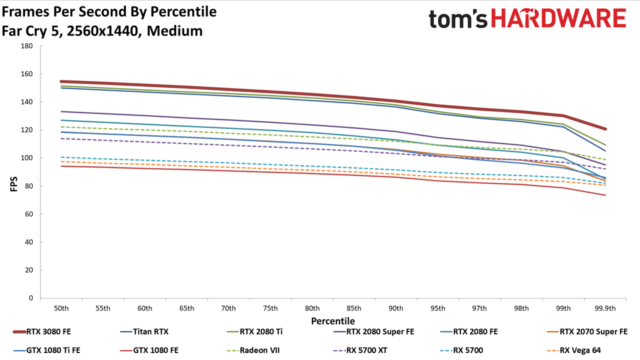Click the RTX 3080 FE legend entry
[42, 331]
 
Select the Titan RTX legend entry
[144, 331]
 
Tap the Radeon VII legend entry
[253, 350]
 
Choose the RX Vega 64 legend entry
[573, 350]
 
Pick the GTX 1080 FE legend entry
[149, 350]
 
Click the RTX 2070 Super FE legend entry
[587, 331]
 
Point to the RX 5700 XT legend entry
[360, 350]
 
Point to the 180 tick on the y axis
[27, 46]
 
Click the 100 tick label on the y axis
[27, 158]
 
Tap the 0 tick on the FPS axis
[31, 298]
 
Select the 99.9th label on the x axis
[605, 308]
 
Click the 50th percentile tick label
[61, 308]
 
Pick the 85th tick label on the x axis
[354, 308]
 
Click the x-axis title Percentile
[333, 321]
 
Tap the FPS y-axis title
[13, 184]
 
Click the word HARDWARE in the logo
[558, 18]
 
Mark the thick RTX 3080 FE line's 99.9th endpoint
[605, 129]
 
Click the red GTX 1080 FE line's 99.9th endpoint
[605, 195]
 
